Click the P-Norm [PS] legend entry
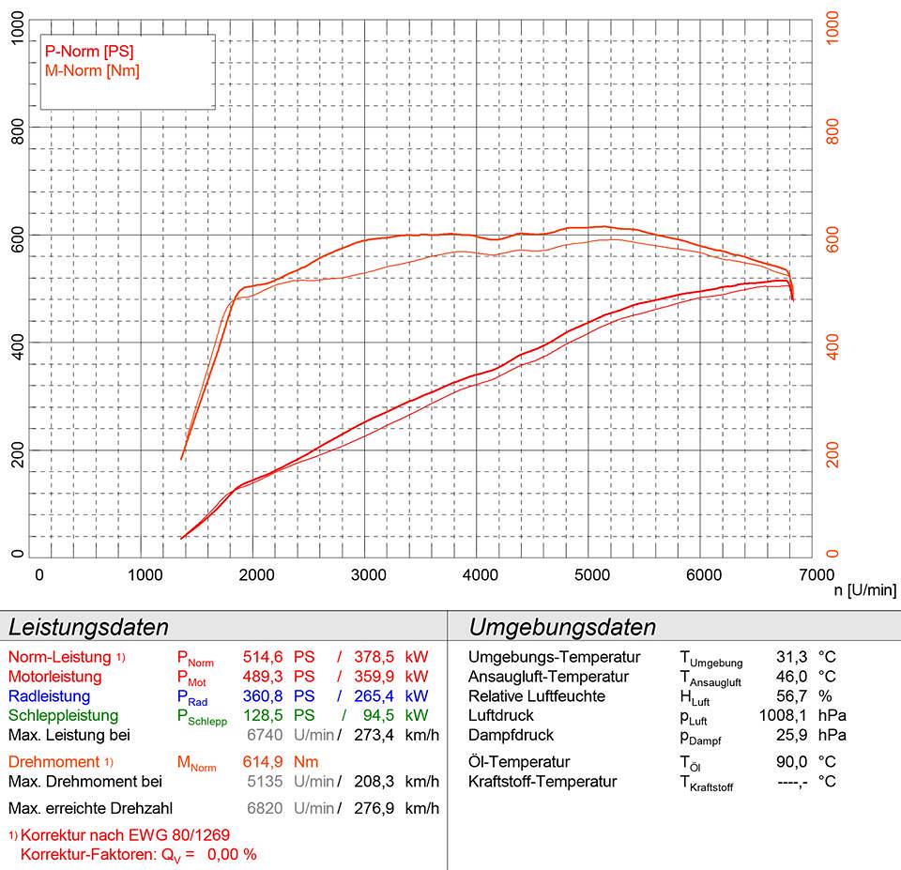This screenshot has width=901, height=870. (90, 51)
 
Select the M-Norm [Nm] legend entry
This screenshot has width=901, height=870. (92, 70)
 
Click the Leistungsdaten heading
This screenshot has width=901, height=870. (88, 628)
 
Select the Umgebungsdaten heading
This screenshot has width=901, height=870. (562, 628)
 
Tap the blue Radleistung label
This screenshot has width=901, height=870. (49, 696)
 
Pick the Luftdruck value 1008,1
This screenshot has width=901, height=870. (782, 716)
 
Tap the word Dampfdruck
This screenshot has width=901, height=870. (511, 735)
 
